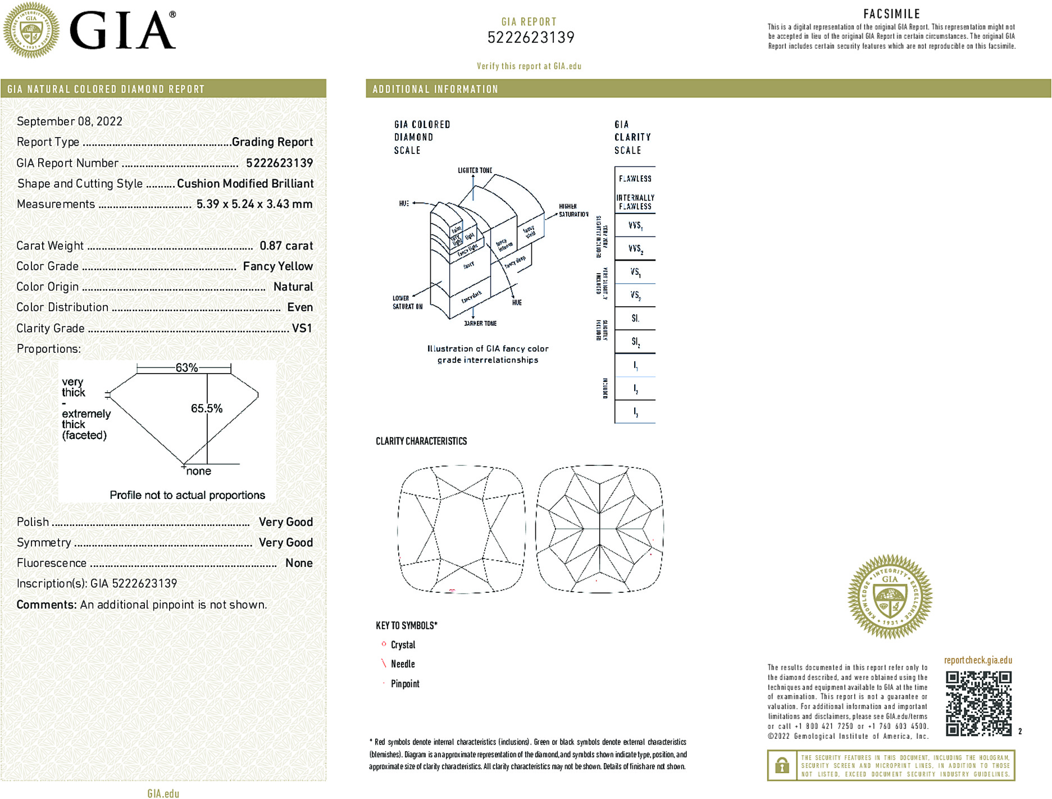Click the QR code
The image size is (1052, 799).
pyautogui.click(x=978, y=703)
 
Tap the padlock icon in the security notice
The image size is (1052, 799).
pyautogui.click(x=781, y=765)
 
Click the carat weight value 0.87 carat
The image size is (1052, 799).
pyautogui.click(x=286, y=246)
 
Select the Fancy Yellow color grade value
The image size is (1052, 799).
pyautogui.click(x=277, y=266)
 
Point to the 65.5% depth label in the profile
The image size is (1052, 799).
pyautogui.click(x=206, y=408)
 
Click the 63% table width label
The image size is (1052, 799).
pyautogui.click(x=186, y=368)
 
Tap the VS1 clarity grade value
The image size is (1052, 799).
pyautogui.click(x=302, y=328)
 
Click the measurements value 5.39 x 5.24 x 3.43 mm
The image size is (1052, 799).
pyautogui.click(x=254, y=204)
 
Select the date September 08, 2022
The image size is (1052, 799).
pyautogui.click(x=70, y=121)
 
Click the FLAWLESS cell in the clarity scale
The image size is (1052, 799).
pyautogui.click(x=635, y=179)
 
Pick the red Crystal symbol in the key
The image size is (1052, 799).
pyautogui.click(x=384, y=644)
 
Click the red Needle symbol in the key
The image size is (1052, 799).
pyautogui.click(x=384, y=664)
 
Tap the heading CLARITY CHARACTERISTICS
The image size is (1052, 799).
pyautogui.click(x=421, y=441)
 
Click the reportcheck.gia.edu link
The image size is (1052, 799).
pyautogui.click(x=978, y=660)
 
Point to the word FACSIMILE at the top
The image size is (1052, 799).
pyautogui.click(x=891, y=14)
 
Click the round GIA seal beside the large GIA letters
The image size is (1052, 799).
pyautogui.click(x=31, y=30)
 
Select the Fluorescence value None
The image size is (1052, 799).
pyautogui.click(x=299, y=563)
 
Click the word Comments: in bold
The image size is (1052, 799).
pyautogui.click(x=47, y=605)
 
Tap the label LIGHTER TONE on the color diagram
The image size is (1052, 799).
pyautogui.click(x=475, y=170)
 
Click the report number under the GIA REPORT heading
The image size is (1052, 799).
pyautogui.click(x=531, y=38)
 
